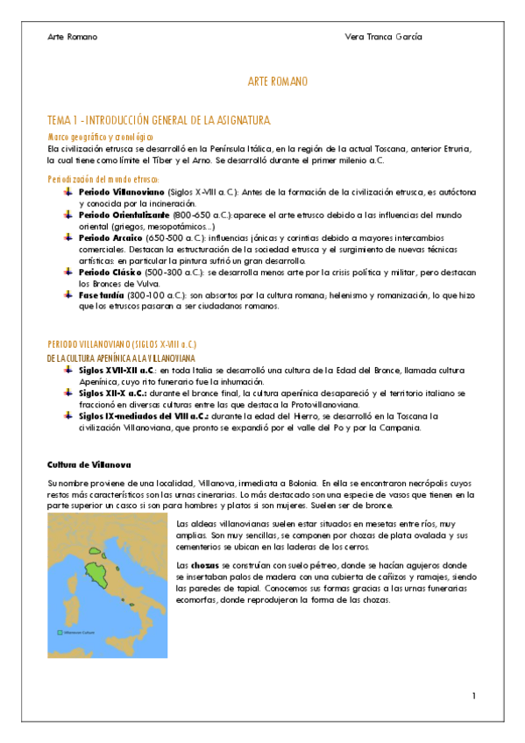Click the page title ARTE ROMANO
pyautogui.click(x=278, y=81)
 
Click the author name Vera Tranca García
pyautogui.click(x=384, y=37)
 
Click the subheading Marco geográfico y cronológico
pyautogui.click(x=100, y=138)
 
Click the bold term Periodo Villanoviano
pyautogui.click(x=120, y=191)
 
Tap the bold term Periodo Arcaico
pyautogui.click(x=111, y=237)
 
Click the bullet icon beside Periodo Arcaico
pyautogui.click(x=69, y=237)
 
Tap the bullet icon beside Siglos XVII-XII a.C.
pyautogui.click(x=69, y=371)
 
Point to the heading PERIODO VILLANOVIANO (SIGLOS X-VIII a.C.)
pyautogui.click(x=121, y=345)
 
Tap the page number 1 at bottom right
pyautogui.click(x=473, y=696)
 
